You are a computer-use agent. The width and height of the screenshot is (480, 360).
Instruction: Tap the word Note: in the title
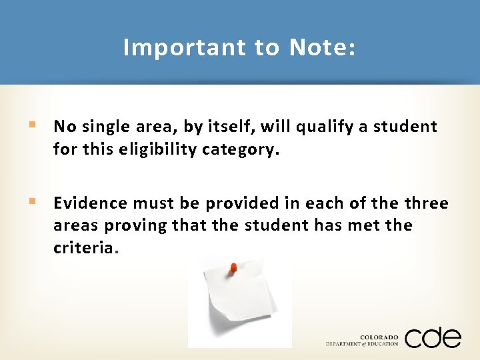pyautogui.click(x=323, y=47)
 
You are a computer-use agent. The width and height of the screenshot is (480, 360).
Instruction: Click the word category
pyautogui.click(x=231, y=149)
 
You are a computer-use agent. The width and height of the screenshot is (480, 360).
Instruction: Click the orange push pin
pyautogui.click(x=233, y=268)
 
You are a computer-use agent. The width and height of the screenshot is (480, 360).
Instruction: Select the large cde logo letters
pyautogui.click(x=432, y=337)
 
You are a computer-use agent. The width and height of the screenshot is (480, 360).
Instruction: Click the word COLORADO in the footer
pyautogui.click(x=379, y=337)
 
